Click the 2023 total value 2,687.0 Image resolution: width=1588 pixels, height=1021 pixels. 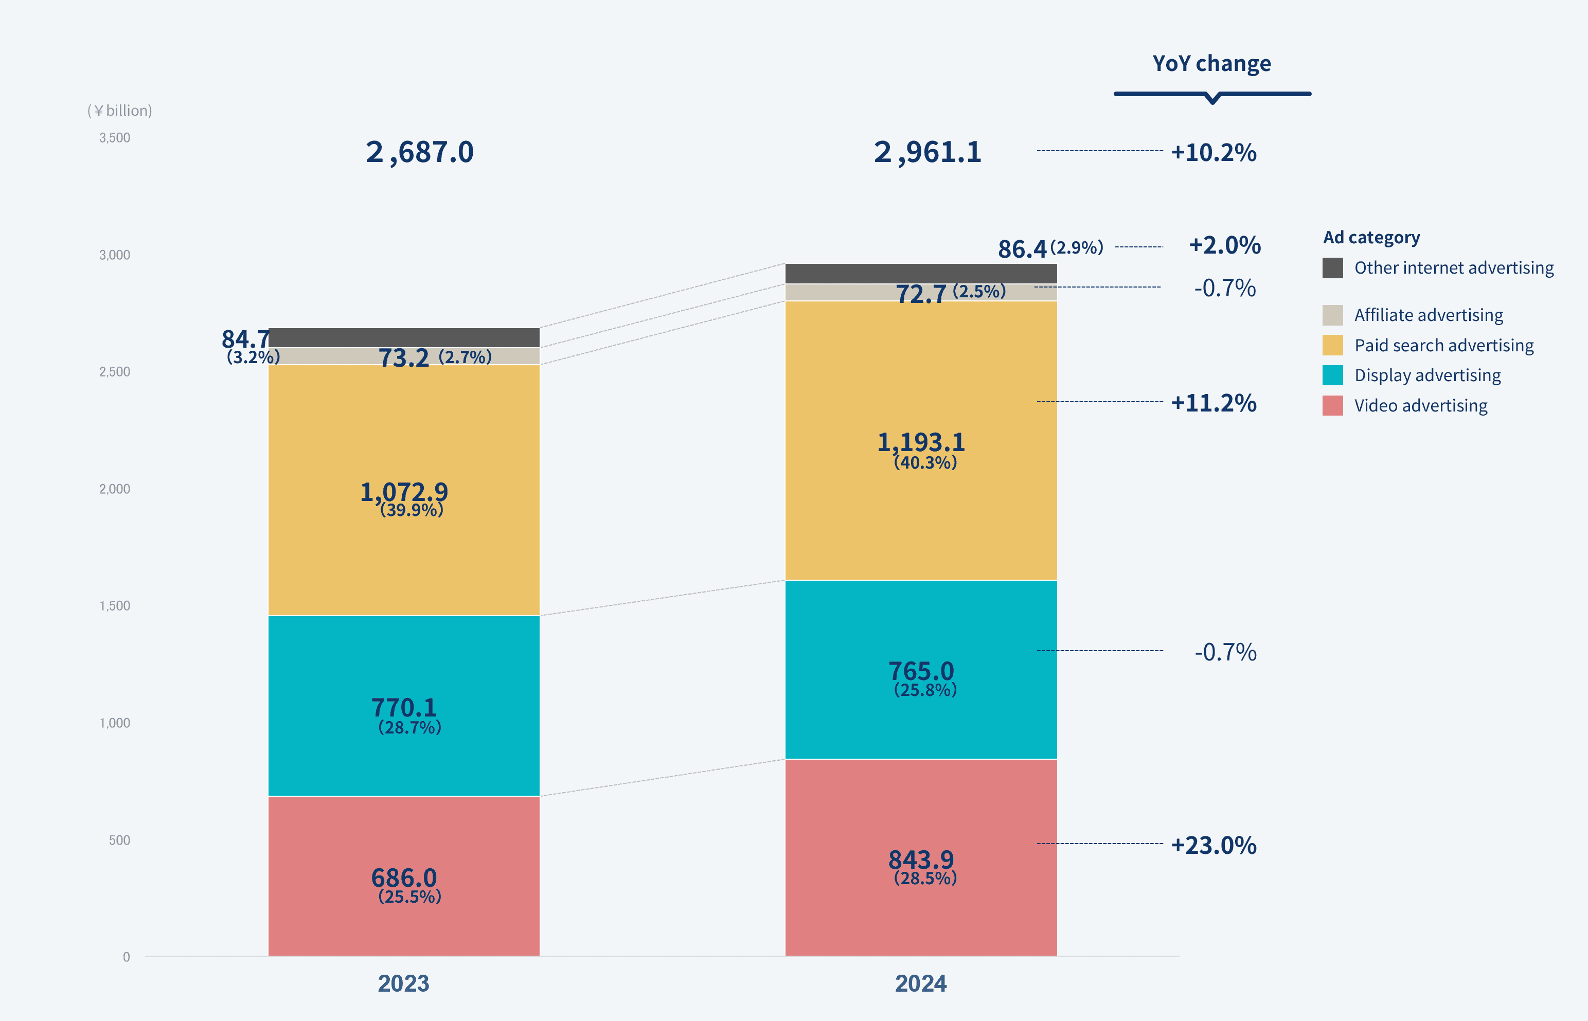419,152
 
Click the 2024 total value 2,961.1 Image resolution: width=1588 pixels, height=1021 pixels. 927,152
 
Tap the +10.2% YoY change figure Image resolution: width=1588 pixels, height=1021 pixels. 1214,152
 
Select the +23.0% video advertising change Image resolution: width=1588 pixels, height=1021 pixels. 1214,845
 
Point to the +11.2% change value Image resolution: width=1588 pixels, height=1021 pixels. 1214,403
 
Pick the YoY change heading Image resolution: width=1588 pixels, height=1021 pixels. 1211,64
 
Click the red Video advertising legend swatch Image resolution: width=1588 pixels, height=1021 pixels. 1332,406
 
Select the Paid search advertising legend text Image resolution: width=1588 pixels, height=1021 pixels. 1443,346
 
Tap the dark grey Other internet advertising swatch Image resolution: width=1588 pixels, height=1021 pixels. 1332,268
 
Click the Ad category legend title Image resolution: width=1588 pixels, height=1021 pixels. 1371,237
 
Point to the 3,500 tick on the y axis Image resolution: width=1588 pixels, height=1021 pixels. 115,138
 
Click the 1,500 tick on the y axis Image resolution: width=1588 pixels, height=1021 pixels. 115,606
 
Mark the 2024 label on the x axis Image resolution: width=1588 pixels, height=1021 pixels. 920,983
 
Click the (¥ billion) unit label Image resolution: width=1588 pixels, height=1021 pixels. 119,111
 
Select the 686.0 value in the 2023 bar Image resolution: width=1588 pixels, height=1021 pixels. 404,878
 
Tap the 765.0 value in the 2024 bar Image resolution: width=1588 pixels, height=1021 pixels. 921,671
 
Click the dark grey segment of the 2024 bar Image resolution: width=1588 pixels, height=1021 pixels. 921,273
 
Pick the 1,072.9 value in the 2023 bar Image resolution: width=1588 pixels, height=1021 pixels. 404,492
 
